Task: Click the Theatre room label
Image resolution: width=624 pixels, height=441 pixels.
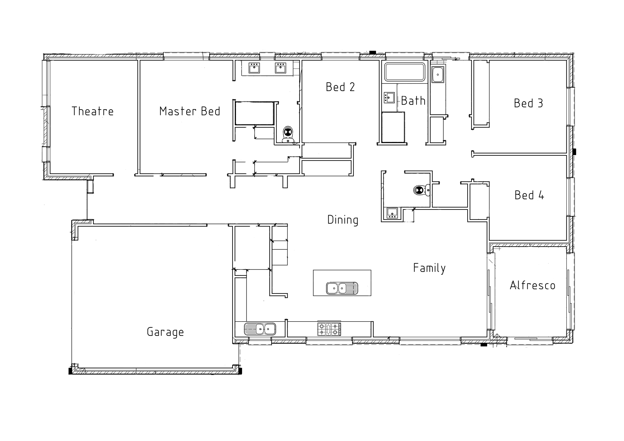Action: (93, 111)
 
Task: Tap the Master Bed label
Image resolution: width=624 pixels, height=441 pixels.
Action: (190, 111)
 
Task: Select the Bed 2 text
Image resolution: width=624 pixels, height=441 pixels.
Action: (340, 87)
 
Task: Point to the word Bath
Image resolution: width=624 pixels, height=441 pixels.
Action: (413, 101)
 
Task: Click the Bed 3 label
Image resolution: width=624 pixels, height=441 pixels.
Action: (528, 103)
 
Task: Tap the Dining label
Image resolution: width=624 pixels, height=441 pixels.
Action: (343, 220)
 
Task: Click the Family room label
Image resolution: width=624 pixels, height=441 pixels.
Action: (429, 268)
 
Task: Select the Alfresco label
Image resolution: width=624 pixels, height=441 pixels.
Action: (532, 285)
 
